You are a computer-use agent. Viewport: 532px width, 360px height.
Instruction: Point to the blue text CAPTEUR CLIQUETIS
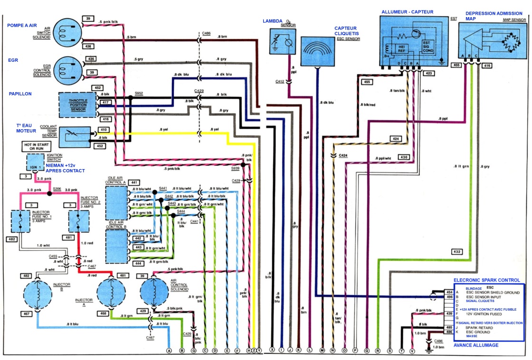[x=347, y=31]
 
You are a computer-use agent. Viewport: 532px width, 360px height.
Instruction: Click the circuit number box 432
[x=456, y=252]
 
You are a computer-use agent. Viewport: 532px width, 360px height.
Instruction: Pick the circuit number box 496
[x=448, y=297]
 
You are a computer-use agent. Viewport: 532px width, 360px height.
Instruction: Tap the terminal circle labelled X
[x=272, y=351]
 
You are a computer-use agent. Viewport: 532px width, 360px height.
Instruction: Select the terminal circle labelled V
[x=412, y=351]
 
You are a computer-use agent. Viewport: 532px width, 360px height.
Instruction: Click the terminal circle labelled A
[x=169, y=351]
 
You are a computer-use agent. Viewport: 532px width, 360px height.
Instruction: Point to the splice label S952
[x=139, y=94]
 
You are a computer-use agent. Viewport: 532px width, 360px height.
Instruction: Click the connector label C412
[x=280, y=82]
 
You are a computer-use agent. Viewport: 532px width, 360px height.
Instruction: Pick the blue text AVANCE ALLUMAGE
[x=476, y=345]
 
